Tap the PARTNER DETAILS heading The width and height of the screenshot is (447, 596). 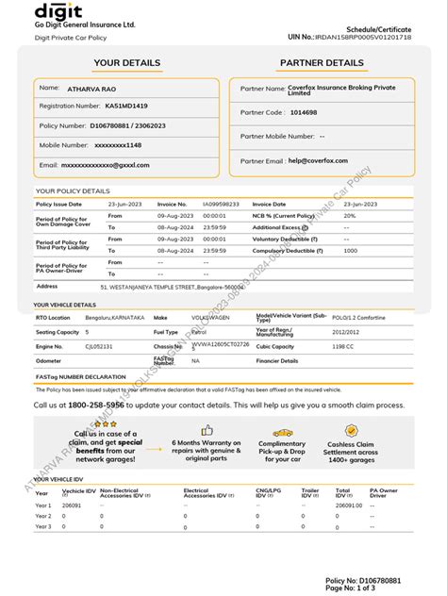pyautogui.click(x=321, y=63)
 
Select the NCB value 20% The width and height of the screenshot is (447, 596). pyautogui.click(x=350, y=215)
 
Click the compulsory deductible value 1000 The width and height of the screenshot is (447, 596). pyautogui.click(x=351, y=251)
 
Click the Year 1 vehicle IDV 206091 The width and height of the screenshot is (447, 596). pyautogui.click(x=73, y=505)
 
